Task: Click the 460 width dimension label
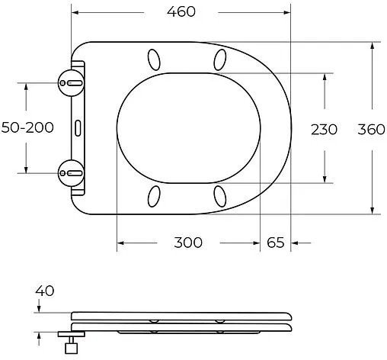pyautogui.click(x=181, y=11)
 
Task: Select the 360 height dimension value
pyautogui.click(x=372, y=128)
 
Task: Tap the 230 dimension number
pyautogui.click(x=324, y=128)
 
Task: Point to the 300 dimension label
pyautogui.click(x=187, y=243)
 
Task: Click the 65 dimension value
pyautogui.click(x=275, y=243)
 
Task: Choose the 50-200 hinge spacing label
pyautogui.click(x=27, y=127)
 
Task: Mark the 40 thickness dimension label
pyautogui.click(x=45, y=291)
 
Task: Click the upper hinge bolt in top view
pyautogui.click(x=70, y=82)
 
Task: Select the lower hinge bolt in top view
pyautogui.click(x=70, y=172)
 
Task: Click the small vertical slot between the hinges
pyautogui.click(x=78, y=127)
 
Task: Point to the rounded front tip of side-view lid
pyautogui.click(x=292, y=317)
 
